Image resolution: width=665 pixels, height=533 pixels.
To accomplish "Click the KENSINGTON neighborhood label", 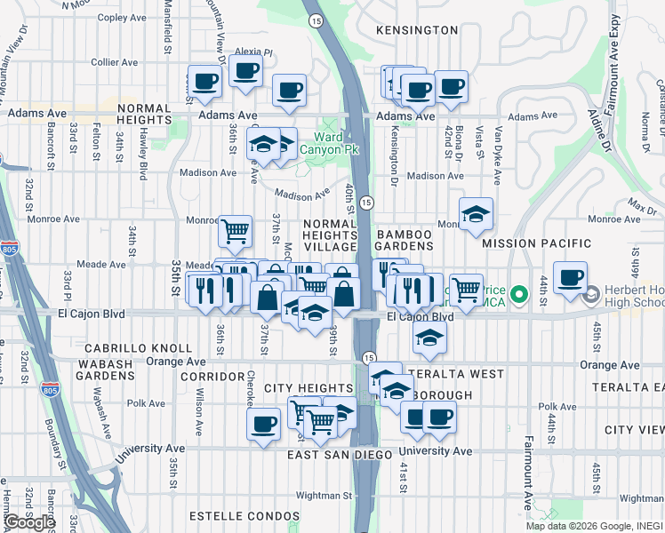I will (416, 30).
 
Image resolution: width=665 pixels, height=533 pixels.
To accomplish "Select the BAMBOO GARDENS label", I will (404, 241).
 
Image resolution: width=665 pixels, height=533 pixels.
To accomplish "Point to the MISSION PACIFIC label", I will (536, 243).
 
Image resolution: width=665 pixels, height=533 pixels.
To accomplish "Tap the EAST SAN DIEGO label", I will (340, 455).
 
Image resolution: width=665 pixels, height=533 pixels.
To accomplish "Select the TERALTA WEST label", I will (455, 374).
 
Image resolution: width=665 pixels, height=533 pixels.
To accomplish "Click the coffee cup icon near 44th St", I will (570, 276).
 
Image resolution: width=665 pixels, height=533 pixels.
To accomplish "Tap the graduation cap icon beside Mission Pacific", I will (477, 213).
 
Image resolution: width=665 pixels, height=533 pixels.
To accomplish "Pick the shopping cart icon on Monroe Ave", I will (235, 231).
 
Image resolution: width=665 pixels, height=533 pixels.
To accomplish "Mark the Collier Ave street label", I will (115, 62).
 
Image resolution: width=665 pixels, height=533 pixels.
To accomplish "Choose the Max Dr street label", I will (636, 206).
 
